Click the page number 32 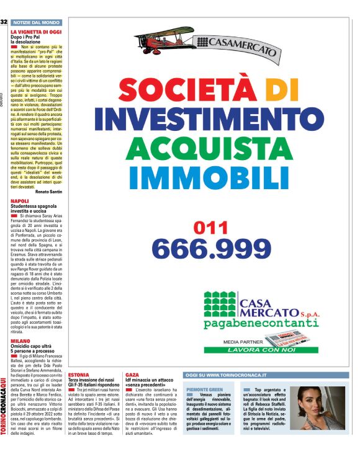tap(4, 22)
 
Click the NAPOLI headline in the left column tap(20, 202)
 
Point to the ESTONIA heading tap(78, 375)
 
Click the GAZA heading tap(132, 375)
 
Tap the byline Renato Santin tap(48, 192)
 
